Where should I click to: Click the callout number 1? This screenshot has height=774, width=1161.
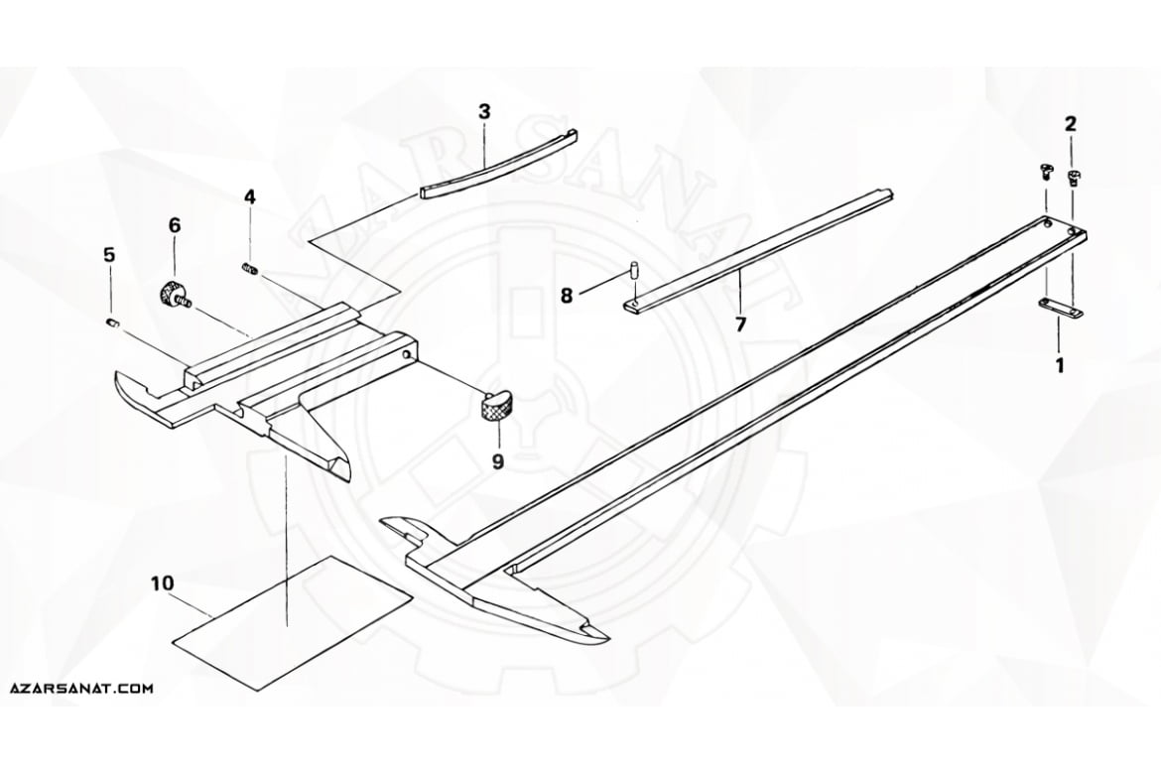coord(1060,365)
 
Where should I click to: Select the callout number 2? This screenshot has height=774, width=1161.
coord(1071,123)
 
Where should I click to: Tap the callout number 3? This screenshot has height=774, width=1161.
coord(484,112)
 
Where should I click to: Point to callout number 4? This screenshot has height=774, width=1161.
coord(250,196)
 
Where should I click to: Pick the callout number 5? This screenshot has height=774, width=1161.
coord(109,255)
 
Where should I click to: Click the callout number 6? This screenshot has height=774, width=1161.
coord(175,225)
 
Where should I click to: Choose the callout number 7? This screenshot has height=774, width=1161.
coord(741,323)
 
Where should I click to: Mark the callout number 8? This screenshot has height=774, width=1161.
coord(567,297)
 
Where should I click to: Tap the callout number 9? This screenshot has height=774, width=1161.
coord(497,461)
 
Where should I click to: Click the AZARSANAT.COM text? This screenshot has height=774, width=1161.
coord(82,688)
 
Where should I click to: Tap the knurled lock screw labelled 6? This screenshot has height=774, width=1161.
coord(175,296)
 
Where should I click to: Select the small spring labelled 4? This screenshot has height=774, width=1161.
coord(249,271)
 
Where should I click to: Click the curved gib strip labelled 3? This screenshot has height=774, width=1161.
coord(498,165)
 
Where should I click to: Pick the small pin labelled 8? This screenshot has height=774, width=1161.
coord(634,269)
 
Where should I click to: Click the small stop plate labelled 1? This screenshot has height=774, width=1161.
coord(1059,309)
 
